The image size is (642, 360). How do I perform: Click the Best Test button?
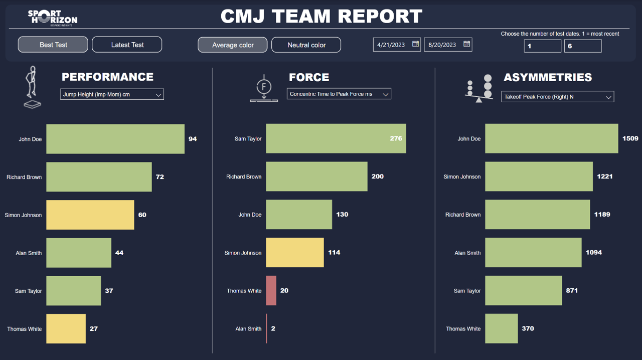[x=53, y=45]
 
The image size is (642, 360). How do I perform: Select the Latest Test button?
[x=127, y=45]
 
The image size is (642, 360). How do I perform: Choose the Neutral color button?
[x=306, y=45]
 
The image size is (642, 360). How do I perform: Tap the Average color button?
[x=233, y=45]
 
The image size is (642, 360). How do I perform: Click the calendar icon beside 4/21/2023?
[x=415, y=44]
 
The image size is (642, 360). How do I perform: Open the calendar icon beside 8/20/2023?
[x=466, y=44]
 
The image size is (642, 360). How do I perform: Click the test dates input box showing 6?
[x=582, y=46]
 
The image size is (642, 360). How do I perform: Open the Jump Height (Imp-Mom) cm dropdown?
[x=112, y=94]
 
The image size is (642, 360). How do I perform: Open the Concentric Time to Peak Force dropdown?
[x=339, y=94]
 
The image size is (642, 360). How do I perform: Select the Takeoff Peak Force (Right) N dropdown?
[x=557, y=97]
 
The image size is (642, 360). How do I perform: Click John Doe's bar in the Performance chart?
[x=115, y=139]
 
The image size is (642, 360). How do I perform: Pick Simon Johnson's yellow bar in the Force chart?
[x=295, y=253]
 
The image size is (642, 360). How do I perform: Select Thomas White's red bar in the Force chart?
[x=271, y=291]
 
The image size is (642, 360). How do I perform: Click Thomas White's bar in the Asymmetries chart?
[x=501, y=329]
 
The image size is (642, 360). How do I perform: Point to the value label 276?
[x=396, y=138]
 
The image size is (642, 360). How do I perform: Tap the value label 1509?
[x=630, y=138]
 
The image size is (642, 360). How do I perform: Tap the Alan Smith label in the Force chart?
[x=248, y=329]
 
